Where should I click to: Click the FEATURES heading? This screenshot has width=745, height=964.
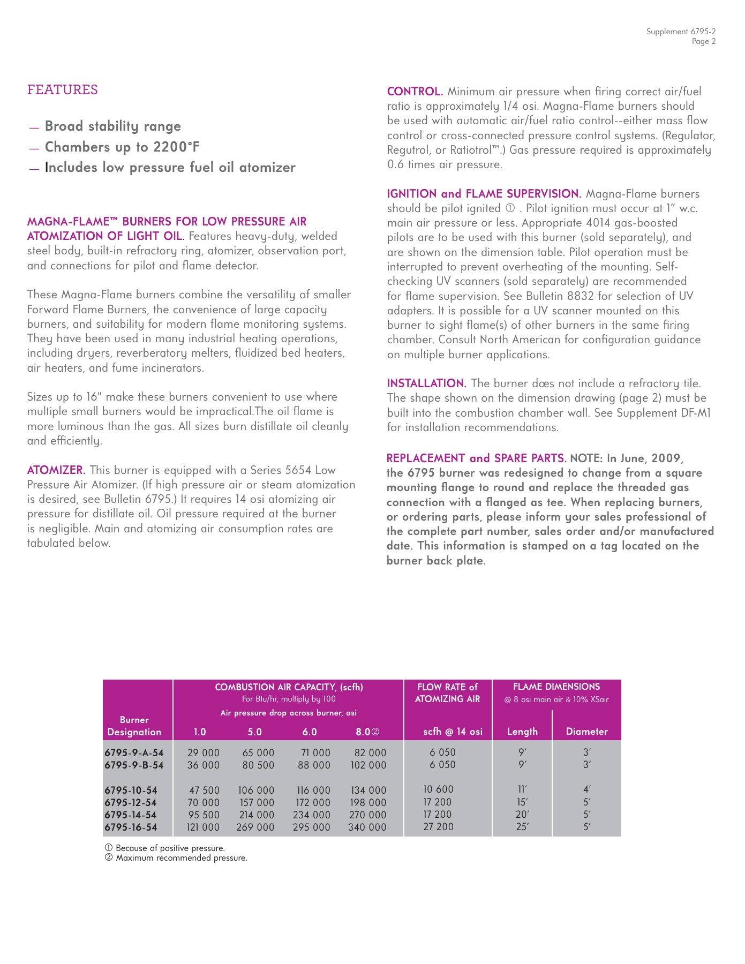[x=63, y=90]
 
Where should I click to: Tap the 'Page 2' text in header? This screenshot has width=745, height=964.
[x=703, y=42]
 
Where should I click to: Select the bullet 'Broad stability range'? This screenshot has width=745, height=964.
[x=112, y=126]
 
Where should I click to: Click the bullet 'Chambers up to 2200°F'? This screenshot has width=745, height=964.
[x=122, y=147]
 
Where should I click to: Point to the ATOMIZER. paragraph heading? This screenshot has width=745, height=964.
[x=56, y=470]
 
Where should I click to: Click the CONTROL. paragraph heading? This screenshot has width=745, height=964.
[x=415, y=92]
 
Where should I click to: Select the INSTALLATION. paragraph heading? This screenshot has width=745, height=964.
[x=426, y=383]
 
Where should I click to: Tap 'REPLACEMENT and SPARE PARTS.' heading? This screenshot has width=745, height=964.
[x=476, y=458]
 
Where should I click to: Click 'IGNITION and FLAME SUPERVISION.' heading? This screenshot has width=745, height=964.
[x=484, y=194]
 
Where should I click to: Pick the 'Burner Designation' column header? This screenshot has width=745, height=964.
[x=134, y=726]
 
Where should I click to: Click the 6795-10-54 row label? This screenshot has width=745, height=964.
[x=131, y=790]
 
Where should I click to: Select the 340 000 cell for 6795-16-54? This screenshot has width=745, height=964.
[x=367, y=827]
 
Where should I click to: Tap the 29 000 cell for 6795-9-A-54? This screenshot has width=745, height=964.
[x=204, y=753]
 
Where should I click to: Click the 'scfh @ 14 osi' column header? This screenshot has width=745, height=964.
[x=453, y=732]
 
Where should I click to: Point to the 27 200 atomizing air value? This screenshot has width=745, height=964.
[x=438, y=827]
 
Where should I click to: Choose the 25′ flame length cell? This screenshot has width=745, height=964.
[x=522, y=827]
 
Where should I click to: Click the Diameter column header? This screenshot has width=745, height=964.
[x=586, y=732]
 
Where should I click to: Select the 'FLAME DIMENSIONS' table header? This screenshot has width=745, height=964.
[x=556, y=687]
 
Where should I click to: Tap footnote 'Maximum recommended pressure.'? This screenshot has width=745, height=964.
[x=181, y=858]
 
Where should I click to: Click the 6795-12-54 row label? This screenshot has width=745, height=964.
[x=131, y=803]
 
